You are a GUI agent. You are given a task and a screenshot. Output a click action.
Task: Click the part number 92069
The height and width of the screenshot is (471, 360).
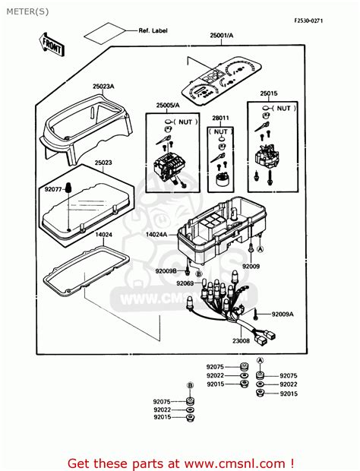pos(185,283)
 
